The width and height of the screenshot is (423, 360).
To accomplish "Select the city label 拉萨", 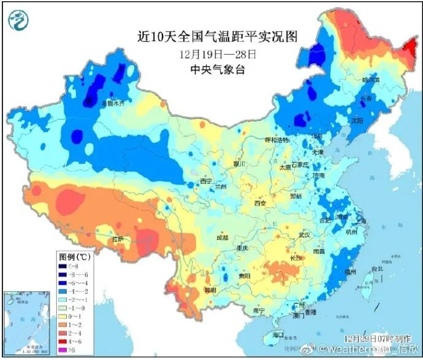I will (117, 239).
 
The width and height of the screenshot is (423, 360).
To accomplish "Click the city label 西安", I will (261, 203).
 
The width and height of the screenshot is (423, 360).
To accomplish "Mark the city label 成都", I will (221, 237).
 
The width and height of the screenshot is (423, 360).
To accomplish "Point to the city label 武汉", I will (305, 234).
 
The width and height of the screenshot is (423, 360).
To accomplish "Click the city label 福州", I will (351, 272).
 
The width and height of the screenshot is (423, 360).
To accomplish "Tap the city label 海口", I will (278, 335).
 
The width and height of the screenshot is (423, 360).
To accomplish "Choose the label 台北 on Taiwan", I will (376, 269).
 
